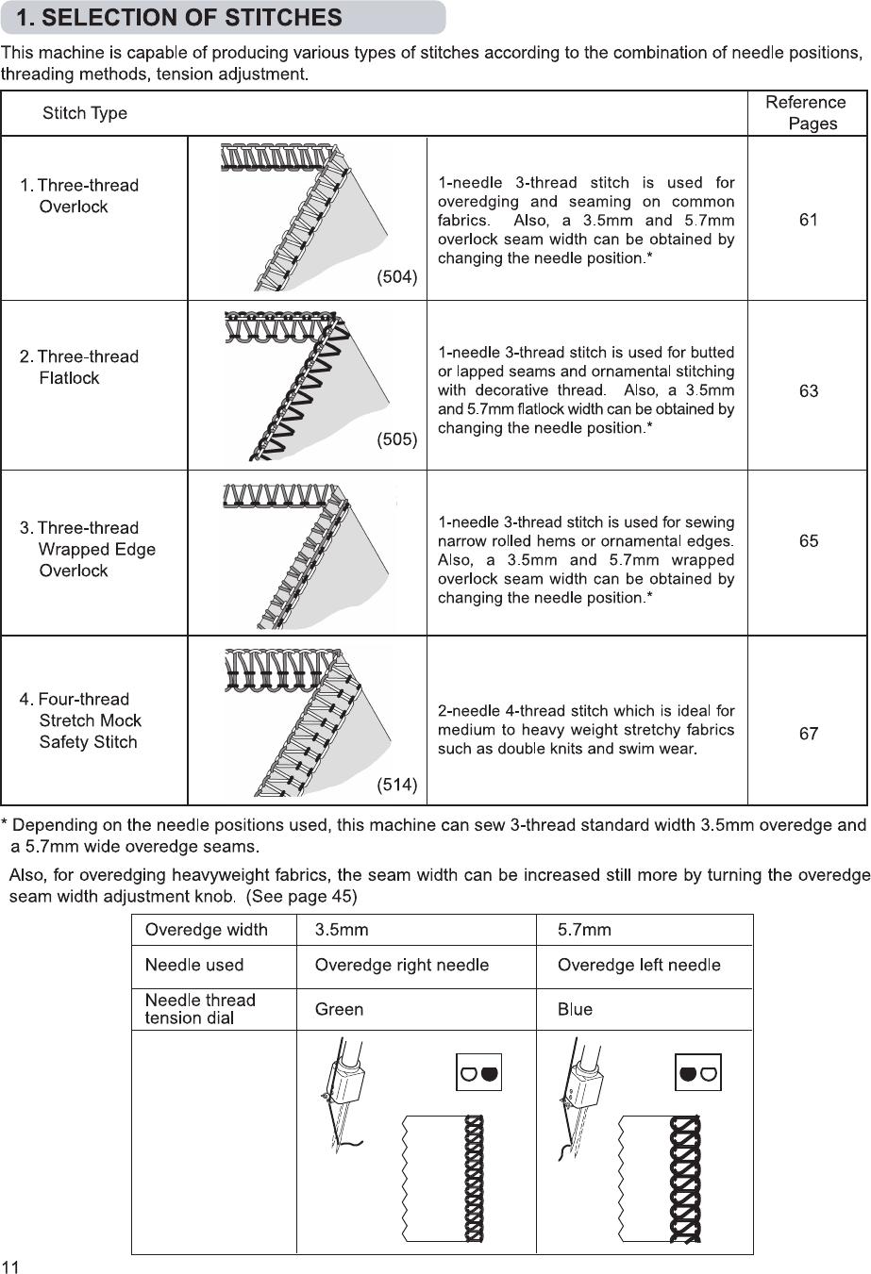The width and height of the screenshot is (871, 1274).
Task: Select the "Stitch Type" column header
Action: [x=85, y=114]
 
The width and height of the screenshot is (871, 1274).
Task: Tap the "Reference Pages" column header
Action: [x=806, y=113]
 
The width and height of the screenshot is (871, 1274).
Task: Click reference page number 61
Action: [x=809, y=220]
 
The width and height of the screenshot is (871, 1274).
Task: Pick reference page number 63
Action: [x=809, y=390]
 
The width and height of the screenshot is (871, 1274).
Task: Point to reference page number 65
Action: [x=809, y=541]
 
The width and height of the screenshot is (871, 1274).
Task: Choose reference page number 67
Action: [x=809, y=734]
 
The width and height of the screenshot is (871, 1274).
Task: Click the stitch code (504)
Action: [x=396, y=277]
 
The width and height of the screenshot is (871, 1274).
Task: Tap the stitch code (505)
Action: [x=396, y=439]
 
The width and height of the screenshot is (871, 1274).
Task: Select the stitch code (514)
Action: [x=396, y=785]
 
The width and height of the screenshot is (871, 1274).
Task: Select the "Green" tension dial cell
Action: [x=339, y=1010]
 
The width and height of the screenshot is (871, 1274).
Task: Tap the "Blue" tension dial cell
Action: [x=575, y=1010]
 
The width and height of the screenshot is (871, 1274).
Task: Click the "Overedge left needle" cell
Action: [x=639, y=966]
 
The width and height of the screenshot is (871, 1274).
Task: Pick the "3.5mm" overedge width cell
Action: [x=342, y=930]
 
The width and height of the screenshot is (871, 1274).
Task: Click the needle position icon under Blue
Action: [x=698, y=1073]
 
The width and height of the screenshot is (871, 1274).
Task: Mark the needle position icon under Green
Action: [x=478, y=1073]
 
